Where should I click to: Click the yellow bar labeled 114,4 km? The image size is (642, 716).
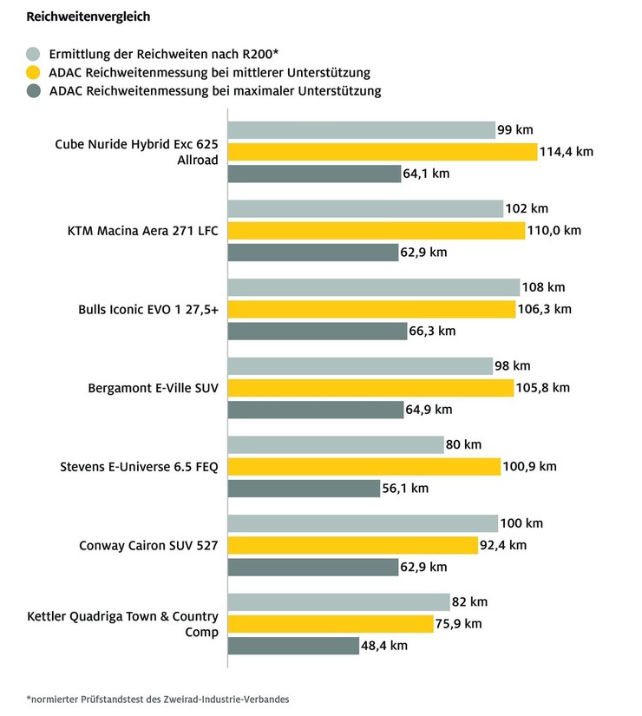[x=382, y=152]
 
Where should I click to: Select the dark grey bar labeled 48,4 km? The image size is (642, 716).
[x=293, y=646]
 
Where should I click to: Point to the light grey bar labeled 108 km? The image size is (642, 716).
[x=373, y=287]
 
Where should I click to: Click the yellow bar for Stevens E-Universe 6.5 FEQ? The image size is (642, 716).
[x=364, y=467]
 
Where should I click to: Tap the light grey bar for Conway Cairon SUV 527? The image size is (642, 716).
[x=363, y=523]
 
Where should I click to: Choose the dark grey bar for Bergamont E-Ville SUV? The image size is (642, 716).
[x=313, y=410]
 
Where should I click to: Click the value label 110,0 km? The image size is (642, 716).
[x=555, y=231]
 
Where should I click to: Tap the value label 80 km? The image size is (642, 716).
[x=463, y=445]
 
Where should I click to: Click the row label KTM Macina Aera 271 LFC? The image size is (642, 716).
[x=142, y=231]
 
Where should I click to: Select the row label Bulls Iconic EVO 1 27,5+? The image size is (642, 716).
[x=148, y=310]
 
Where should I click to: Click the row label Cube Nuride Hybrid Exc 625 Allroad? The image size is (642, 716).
[x=136, y=152]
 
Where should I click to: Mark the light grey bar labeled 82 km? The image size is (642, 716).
[x=338, y=602]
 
